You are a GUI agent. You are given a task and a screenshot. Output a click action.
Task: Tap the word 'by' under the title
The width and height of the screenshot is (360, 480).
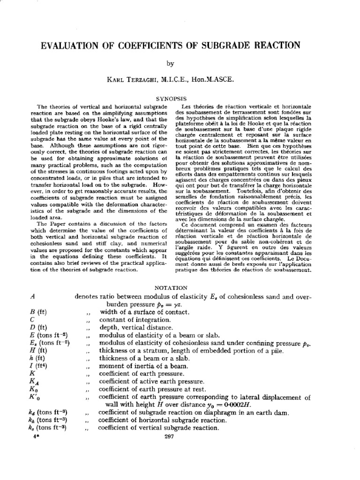(x=180, y=64)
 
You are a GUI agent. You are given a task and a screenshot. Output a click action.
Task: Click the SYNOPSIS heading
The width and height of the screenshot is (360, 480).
(x=180, y=99)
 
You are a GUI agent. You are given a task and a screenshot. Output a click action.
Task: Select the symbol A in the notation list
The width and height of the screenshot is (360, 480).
(x=31, y=297)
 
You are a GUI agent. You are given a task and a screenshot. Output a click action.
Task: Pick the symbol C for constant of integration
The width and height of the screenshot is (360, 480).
(x=31, y=319)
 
